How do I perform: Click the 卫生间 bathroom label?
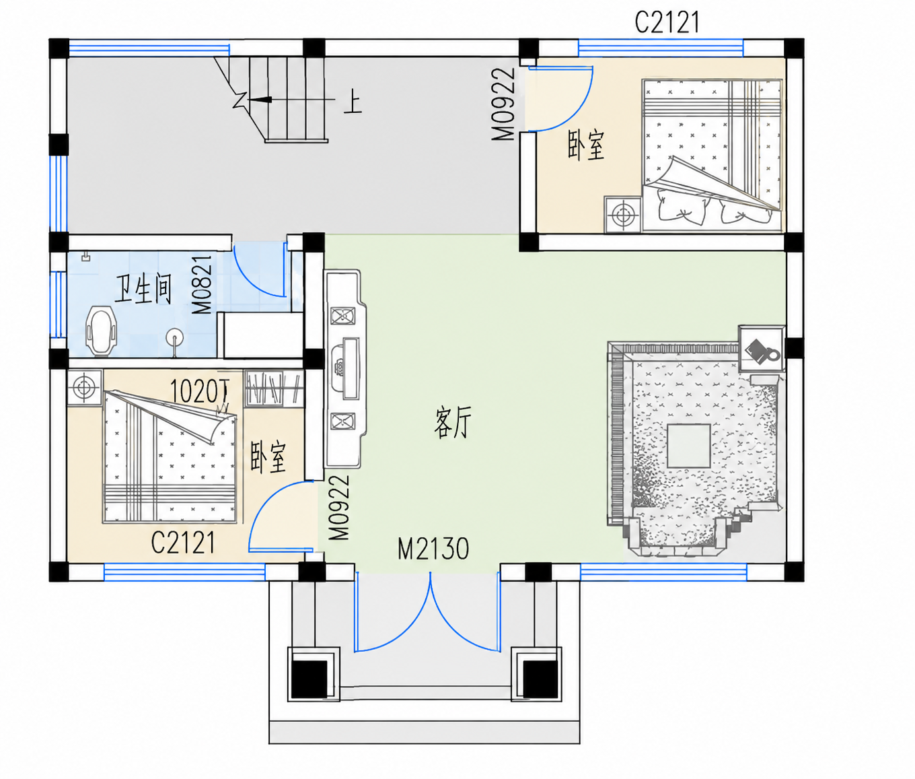pyautogui.click(x=143, y=290)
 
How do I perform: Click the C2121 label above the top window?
pyautogui.click(x=667, y=22)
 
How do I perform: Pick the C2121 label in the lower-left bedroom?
pyautogui.click(x=183, y=543)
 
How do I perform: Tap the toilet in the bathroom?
pyautogui.click(x=102, y=332)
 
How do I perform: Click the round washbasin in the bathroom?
pyautogui.click(x=175, y=337)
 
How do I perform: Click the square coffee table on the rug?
pyautogui.click(x=689, y=446)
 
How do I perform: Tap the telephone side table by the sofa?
pyautogui.click(x=762, y=349)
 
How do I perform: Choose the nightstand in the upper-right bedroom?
pyautogui.click(x=623, y=215)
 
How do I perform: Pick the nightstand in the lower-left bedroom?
pyautogui.click(x=85, y=388)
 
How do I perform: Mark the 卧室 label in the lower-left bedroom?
pyautogui.click(x=268, y=457)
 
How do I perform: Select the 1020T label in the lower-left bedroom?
pyautogui.click(x=200, y=391)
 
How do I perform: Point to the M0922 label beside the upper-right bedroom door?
pyautogui.click(x=503, y=104)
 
